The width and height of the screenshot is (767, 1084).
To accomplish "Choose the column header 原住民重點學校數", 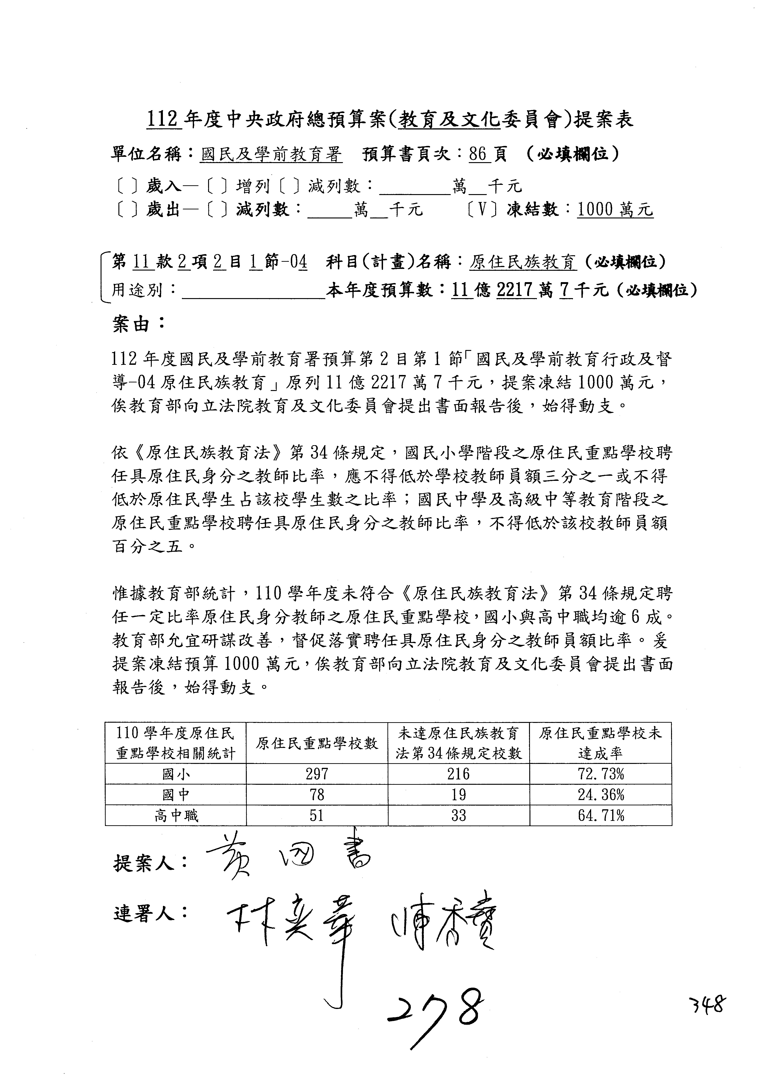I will pos(317,744).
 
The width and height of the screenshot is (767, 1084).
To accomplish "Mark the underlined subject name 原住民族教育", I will pos(523,262).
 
